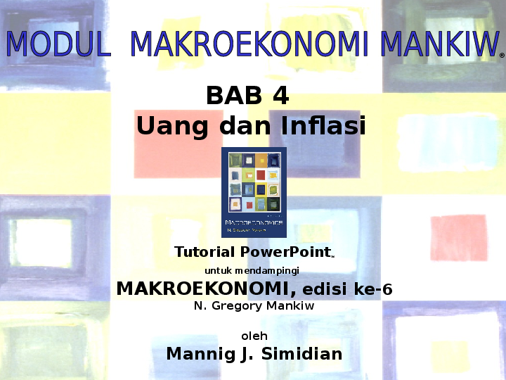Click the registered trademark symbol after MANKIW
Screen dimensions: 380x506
501,54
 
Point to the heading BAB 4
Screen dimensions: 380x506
247,96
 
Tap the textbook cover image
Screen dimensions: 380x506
254,192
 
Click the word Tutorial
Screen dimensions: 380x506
205,252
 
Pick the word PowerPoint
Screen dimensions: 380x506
285,252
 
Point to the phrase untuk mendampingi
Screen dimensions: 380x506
252,270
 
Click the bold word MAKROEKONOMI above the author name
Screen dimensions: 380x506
205,289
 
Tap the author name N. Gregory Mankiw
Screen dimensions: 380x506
254,306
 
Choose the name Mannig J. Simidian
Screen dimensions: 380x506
254,354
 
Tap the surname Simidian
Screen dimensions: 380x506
301,354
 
